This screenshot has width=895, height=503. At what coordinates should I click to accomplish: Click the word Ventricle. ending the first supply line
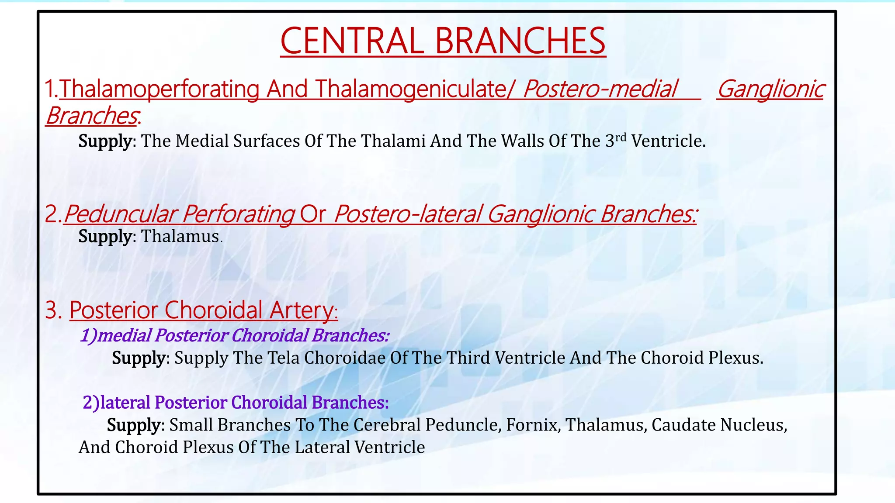[669, 141]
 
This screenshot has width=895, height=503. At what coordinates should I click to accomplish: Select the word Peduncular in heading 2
[120, 214]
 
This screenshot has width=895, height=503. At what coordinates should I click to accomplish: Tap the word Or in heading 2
[312, 214]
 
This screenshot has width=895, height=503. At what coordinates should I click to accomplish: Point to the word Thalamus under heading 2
[180, 236]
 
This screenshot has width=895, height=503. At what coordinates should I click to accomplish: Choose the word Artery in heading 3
[302, 310]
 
